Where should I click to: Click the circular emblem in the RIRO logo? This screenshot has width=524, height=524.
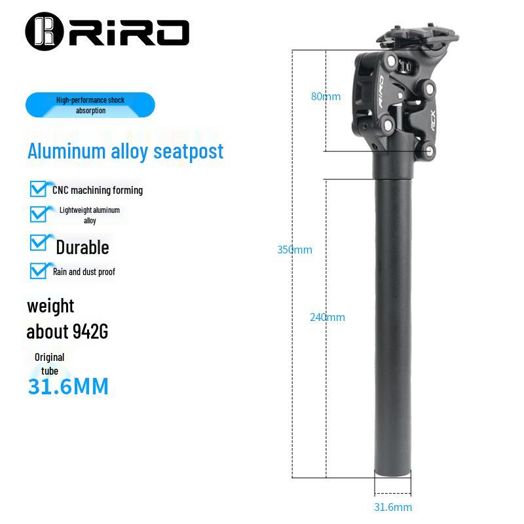45,31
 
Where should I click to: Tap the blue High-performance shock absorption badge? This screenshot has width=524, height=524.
90,105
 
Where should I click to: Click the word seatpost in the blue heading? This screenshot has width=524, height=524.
189,152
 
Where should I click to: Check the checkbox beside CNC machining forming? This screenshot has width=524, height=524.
39,189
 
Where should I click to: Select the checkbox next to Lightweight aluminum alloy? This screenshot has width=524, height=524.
39,214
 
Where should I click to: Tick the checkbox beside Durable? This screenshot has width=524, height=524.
39,242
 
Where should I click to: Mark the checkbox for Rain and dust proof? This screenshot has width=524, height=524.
39,271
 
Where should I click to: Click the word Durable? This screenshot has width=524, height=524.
83,248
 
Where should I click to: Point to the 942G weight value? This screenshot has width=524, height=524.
90,331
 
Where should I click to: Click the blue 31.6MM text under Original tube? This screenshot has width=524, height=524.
69,386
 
